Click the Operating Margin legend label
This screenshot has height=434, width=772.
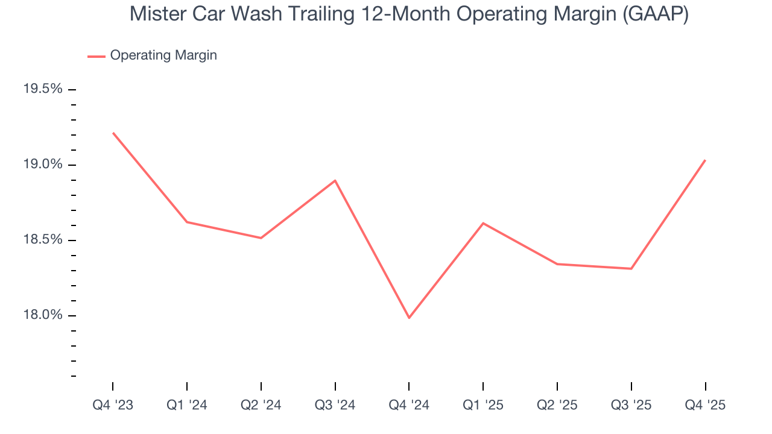coord(163,55)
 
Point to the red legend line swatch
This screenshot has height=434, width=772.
coord(96,56)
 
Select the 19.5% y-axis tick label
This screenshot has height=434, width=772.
coord(43,89)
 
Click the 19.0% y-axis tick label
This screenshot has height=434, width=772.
coord(43,165)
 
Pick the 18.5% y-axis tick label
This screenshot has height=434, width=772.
coord(43,240)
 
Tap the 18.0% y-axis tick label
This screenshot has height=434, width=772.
coord(43,315)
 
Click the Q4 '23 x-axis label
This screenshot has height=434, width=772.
coord(113,405)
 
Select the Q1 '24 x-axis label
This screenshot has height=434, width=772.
coord(187,405)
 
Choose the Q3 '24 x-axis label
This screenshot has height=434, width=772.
coord(335,405)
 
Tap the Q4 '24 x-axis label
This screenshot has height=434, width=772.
coord(409,405)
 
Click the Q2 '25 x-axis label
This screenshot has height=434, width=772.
coord(557,405)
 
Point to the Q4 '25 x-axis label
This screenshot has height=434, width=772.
coord(705,405)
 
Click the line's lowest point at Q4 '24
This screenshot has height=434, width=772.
coord(409,318)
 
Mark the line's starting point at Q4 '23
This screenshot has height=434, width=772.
coord(113,133)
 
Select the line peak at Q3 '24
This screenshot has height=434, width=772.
coord(335,180)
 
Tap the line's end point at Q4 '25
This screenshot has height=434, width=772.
coord(705,160)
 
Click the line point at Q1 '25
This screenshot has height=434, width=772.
coord(483,223)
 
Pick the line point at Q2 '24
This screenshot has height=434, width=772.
coord(261,238)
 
